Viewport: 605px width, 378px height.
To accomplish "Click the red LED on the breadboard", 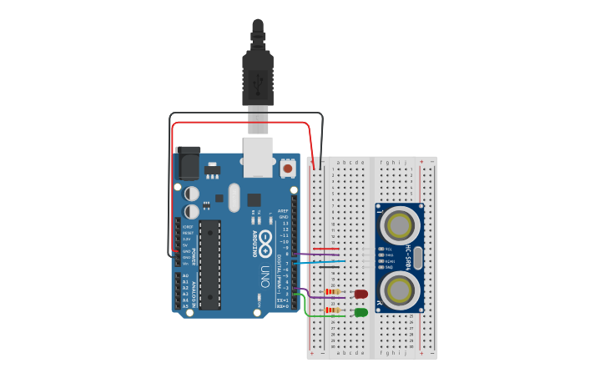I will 361,294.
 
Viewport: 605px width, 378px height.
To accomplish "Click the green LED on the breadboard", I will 361,312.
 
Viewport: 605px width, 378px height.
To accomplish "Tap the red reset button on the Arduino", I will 288,168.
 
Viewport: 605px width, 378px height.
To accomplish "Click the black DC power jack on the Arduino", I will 188,164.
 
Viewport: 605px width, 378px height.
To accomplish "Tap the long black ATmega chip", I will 209,264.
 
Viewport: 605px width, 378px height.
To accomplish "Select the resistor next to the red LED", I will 331,291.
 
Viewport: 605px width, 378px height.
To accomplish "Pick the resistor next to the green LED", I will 332,310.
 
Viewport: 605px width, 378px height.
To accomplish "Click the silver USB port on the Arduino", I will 258,157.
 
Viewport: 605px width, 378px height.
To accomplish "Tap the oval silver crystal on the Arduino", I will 234,198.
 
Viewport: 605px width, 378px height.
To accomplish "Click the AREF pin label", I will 283,212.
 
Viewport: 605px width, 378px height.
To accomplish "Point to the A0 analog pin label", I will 185,276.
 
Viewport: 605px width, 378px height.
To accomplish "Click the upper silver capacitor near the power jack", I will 192,194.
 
